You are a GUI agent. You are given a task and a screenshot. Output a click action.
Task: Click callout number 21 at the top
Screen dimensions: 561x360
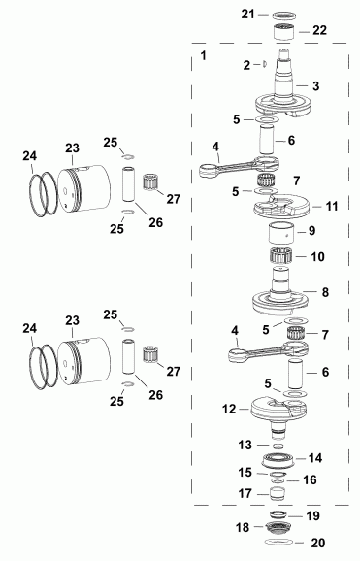tap(247, 14)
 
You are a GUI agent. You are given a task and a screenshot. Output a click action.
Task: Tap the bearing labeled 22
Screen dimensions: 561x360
tap(284, 32)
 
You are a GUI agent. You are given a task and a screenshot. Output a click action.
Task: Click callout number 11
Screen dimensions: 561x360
tap(331, 207)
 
